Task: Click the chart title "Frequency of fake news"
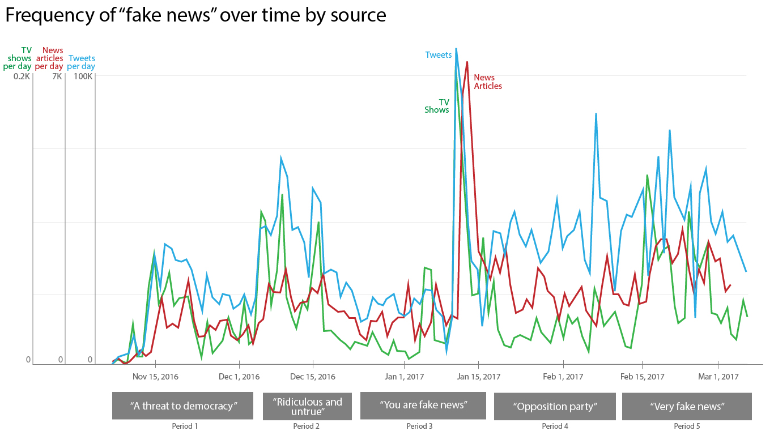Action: [x=195, y=15]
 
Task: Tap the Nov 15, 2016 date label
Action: [x=155, y=377]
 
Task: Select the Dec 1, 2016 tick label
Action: [x=239, y=377]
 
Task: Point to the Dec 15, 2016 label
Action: [x=312, y=377]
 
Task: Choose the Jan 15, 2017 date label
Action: [x=479, y=377]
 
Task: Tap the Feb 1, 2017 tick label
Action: [x=563, y=377]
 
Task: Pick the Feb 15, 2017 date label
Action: [x=642, y=377]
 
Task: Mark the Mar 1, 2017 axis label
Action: [x=718, y=377]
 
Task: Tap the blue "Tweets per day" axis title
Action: [x=81, y=62]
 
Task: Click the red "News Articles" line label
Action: [x=488, y=82]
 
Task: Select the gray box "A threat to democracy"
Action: [x=182, y=406]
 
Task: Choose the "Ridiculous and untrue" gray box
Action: [x=307, y=406]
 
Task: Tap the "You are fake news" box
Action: [x=423, y=405]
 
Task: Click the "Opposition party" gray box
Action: [x=555, y=407]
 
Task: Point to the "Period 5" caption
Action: [x=687, y=426]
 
